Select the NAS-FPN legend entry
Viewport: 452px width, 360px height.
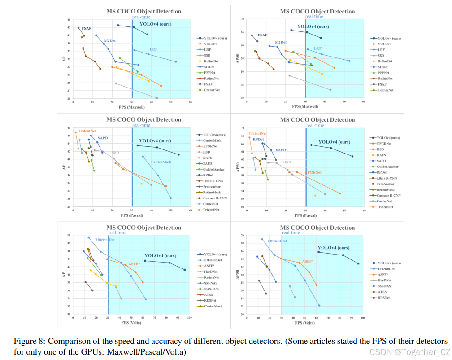click(x=213, y=289)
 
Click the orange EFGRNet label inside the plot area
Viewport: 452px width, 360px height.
click(x=313, y=172)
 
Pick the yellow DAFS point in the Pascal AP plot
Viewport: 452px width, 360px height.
click(x=141, y=184)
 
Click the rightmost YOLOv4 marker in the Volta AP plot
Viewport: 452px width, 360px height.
click(x=185, y=270)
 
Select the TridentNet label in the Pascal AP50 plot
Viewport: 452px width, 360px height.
click(x=258, y=134)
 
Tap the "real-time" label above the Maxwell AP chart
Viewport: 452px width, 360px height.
click(x=141, y=17)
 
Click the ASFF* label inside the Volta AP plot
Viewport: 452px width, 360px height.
click(x=135, y=264)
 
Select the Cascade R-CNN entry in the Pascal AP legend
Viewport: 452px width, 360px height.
click(x=215, y=198)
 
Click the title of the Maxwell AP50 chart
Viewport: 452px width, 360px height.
click(x=317, y=11)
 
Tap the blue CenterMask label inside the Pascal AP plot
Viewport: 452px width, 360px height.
click(x=161, y=162)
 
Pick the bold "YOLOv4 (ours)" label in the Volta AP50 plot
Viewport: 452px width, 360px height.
click(x=334, y=247)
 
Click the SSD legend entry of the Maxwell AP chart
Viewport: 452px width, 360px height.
click(x=207, y=55)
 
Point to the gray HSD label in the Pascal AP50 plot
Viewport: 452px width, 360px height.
click(x=287, y=162)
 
